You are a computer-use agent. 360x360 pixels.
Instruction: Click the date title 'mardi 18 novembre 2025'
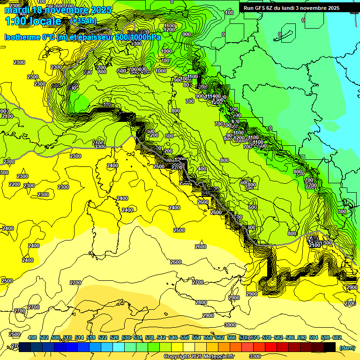58,10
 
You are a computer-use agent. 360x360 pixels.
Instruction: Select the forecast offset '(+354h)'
84,21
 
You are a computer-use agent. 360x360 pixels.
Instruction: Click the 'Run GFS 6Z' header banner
292,8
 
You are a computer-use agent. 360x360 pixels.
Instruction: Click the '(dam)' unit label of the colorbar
347,347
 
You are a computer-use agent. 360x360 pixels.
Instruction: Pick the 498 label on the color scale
32,337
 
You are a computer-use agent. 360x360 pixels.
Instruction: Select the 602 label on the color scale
337,337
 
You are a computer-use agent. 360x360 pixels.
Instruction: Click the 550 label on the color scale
185,337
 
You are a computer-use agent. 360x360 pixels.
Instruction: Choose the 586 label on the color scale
290,337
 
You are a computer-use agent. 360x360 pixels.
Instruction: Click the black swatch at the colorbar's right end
330,347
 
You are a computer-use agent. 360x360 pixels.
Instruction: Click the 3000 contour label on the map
230,325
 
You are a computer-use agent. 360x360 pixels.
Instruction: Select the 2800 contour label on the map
201,302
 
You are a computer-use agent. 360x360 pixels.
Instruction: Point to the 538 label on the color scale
150,337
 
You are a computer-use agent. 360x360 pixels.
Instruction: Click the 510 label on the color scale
67,337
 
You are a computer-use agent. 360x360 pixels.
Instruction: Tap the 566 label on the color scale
232,337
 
